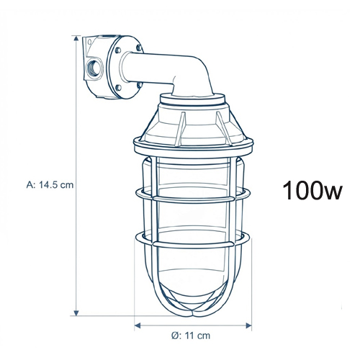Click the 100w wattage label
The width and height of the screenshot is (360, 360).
(312, 190)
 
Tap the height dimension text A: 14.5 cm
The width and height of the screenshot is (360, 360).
(50, 185)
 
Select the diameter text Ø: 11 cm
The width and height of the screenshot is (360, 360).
(191, 336)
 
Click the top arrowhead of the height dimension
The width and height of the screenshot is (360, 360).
(76, 39)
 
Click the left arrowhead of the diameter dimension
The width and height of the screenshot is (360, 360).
(138, 325)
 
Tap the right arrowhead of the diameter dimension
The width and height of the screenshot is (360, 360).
(248, 325)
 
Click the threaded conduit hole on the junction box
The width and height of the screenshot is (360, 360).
(94, 67)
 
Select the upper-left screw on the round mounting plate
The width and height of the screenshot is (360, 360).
(118, 50)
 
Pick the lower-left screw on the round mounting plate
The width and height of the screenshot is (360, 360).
(119, 87)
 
